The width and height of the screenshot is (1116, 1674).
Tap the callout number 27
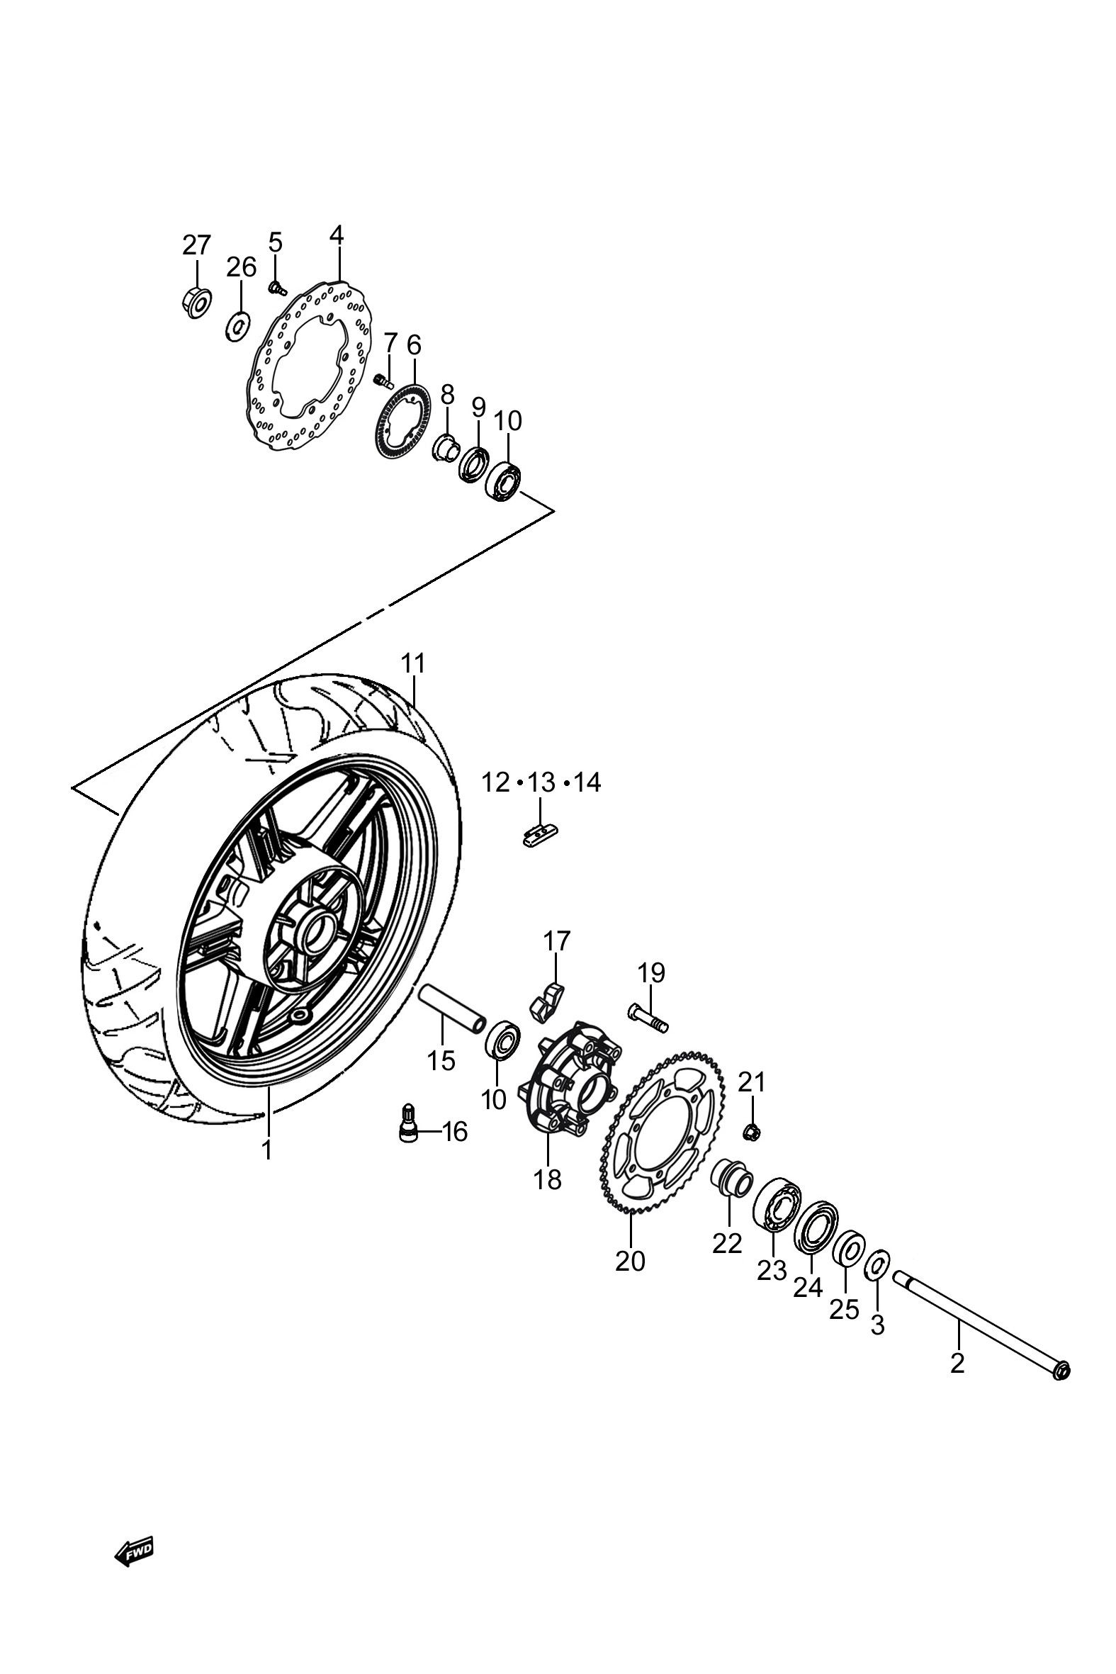coord(196,245)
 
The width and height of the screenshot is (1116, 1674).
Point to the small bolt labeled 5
coord(277,288)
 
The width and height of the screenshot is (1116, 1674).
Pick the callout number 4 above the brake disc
coord(336,235)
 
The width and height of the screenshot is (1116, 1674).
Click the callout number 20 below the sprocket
coord(630,1261)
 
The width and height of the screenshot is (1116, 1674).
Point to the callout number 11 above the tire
coord(413,663)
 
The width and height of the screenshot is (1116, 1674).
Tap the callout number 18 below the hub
coord(547,1179)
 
